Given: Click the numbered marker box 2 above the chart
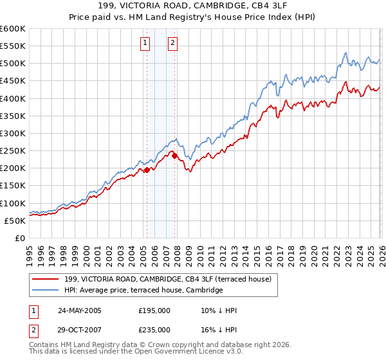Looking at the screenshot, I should (x=173, y=43).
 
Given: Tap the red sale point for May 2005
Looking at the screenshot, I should (x=147, y=170).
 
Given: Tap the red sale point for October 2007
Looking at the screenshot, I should (x=174, y=155).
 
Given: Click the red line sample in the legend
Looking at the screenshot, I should (x=46, y=279).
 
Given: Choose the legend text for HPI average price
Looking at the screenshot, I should (x=143, y=290).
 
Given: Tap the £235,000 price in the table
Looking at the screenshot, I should (x=154, y=330).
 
